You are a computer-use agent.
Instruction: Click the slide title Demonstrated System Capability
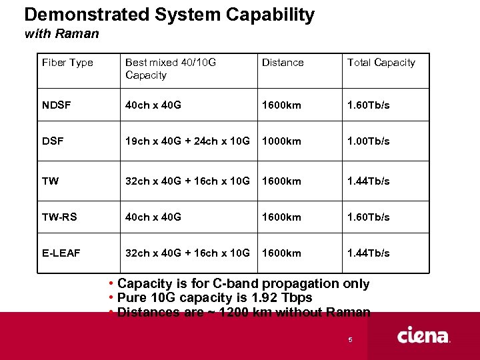[169, 15]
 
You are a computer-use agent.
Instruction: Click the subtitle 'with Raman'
[61, 33]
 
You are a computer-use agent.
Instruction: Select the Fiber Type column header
[67, 63]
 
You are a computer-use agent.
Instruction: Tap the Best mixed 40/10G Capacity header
[171, 69]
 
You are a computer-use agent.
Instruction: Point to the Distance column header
[283, 63]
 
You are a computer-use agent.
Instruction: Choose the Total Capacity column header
[381, 63]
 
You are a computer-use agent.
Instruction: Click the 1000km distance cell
[281, 141]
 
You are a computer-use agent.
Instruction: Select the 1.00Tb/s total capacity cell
[368, 141]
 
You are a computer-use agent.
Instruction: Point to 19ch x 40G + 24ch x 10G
[187, 141]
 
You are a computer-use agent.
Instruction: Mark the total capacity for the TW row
[368, 181]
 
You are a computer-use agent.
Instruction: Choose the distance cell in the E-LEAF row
[281, 253]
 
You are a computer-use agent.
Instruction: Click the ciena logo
[424, 335]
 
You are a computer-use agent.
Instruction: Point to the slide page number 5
[349, 341]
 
